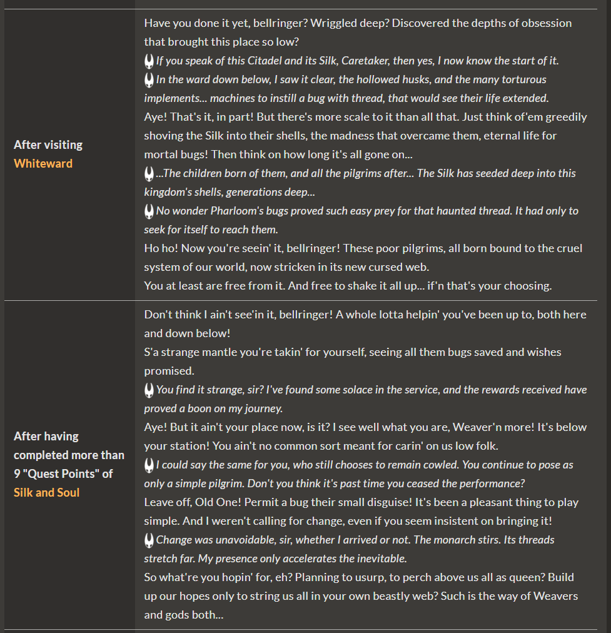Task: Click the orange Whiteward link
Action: coord(43,163)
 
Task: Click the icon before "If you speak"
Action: coord(149,61)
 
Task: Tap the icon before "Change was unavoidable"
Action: coord(149,540)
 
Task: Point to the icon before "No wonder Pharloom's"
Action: coord(149,211)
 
